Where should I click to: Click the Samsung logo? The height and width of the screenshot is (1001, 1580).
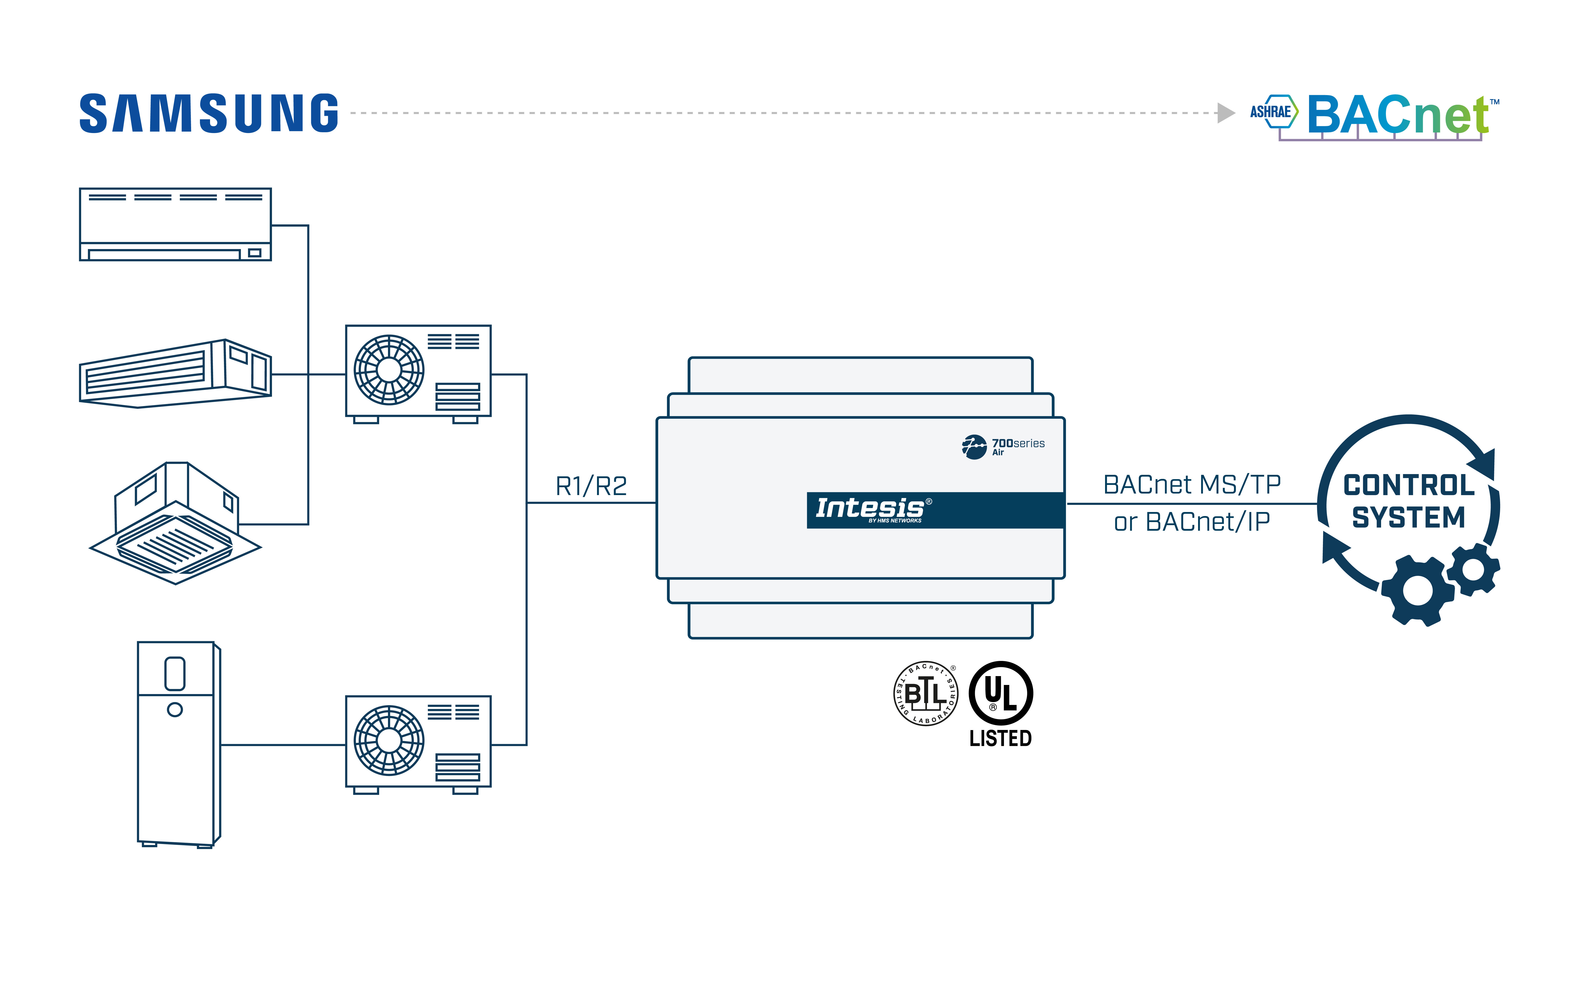click(x=209, y=114)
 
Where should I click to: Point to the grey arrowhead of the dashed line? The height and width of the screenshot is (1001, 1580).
click(x=1225, y=113)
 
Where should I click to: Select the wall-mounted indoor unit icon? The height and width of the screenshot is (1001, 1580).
click(x=175, y=225)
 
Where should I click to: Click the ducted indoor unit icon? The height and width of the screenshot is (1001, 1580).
click(x=175, y=374)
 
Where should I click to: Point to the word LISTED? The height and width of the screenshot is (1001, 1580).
click(x=1001, y=739)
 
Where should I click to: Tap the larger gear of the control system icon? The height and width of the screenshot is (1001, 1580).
click(x=1417, y=591)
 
